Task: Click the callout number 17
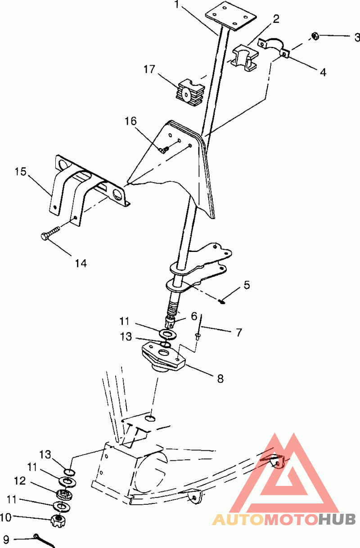pyautogui.click(x=149, y=69)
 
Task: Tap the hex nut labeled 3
pyautogui.click(x=315, y=36)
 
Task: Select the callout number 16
pyautogui.click(x=131, y=121)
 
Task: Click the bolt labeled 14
pyautogui.click(x=50, y=233)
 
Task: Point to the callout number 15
pyautogui.click(x=20, y=172)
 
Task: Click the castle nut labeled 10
pyautogui.click(x=58, y=521)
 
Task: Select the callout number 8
pyautogui.click(x=220, y=379)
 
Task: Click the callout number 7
pyautogui.click(x=239, y=332)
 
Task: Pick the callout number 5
pyautogui.click(x=247, y=285)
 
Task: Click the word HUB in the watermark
pyautogui.click(x=337, y=519)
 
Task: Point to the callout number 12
pyautogui.click(x=20, y=481)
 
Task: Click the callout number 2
pyautogui.click(x=276, y=19)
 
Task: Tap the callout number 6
pyautogui.click(x=194, y=316)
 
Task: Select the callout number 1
pyautogui.click(x=177, y=4)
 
